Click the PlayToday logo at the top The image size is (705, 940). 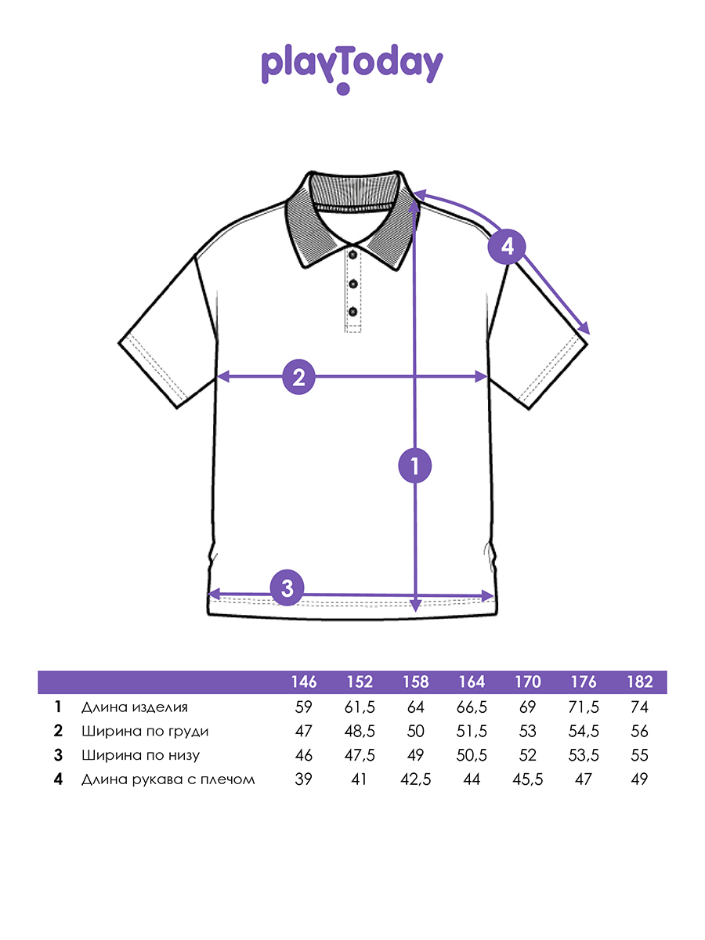[352, 68]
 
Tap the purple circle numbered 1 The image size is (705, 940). [415, 465]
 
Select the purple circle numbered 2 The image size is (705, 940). [298, 377]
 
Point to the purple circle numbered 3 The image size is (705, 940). [287, 588]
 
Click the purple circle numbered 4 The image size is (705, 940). [507, 247]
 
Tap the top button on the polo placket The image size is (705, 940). [353, 255]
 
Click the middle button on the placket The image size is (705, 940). [353, 284]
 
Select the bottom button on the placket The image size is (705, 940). [353, 311]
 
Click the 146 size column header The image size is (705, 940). [304, 681]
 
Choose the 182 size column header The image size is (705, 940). [640, 681]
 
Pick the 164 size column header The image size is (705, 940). [472, 681]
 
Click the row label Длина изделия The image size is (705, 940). [135, 707]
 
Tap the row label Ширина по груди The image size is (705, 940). [145, 731]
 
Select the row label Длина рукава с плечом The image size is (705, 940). [168, 779]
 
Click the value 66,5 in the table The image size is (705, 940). [472, 707]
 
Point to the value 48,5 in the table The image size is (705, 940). [360, 731]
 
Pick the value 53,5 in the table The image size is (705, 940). [584, 755]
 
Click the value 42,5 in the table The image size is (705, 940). [416, 779]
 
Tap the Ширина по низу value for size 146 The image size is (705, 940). [303, 755]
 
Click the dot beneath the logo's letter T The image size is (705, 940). [343, 89]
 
